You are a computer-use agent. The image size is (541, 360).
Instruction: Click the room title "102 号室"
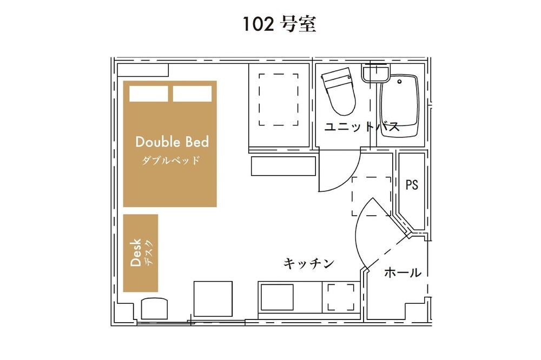(x=279, y=24)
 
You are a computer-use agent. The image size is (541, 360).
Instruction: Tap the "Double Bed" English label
(x=172, y=142)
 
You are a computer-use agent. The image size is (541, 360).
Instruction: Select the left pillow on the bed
(x=149, y=94)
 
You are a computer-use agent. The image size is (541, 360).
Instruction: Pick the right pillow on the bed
(x=192, y=94)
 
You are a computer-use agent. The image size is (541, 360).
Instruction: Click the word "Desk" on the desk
(x=136, y=252)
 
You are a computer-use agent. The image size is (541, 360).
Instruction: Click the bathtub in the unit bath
(x=400, y=105)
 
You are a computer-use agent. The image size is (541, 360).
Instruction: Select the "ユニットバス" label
(x=362, y=127)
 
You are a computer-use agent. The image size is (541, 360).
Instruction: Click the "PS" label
(x=412, y=185)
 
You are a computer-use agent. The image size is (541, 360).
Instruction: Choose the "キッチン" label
(x=309, y=263)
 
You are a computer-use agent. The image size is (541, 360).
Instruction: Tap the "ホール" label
(x=403, y=273)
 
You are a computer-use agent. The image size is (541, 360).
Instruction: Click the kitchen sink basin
(x=277, y=297)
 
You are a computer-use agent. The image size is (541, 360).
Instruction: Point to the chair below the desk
(x=154, y=309)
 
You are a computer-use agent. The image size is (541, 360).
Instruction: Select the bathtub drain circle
(x=400, y=82)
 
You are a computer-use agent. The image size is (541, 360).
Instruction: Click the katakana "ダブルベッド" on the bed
(x=171, y=161)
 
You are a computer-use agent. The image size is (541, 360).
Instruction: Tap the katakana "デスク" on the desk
(x=149, y=252)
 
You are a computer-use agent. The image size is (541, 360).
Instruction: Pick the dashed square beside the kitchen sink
(x=341, y=297)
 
